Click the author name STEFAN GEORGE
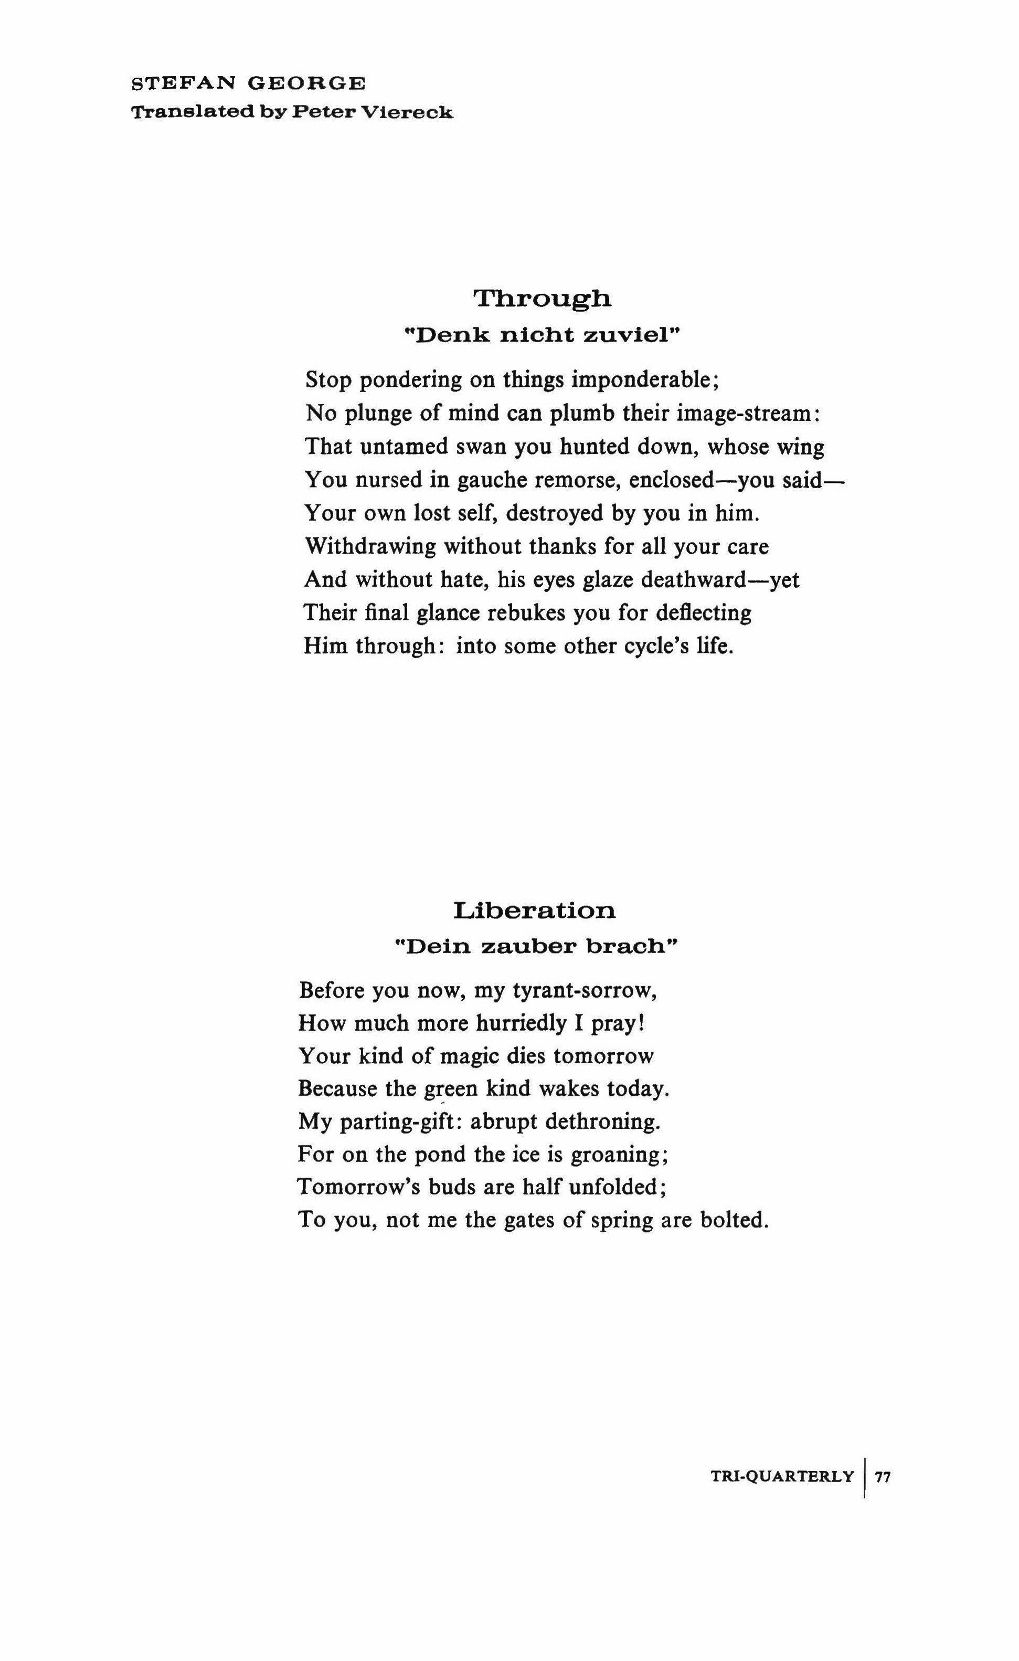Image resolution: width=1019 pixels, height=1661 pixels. [249, 83]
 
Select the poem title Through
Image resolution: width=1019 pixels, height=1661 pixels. [543, 298]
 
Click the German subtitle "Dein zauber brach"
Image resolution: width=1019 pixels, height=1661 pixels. [536, 947]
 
